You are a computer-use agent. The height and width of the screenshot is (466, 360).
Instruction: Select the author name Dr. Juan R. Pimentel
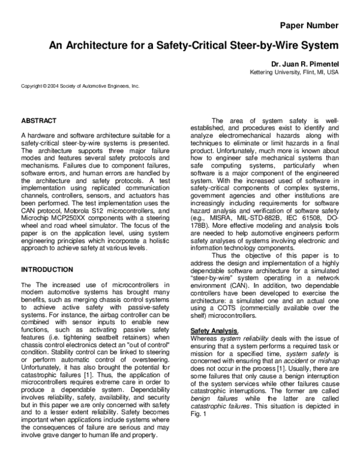click(x=305, y=64)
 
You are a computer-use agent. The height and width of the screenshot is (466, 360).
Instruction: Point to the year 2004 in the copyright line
click(x=54, y=86)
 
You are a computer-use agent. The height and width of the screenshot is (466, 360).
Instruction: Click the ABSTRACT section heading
click(x=39, y=120)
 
